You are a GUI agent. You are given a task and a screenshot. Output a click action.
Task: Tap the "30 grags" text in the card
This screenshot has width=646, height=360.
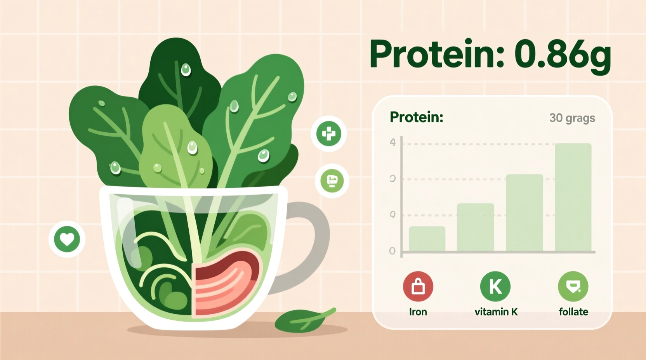tap(572, 118)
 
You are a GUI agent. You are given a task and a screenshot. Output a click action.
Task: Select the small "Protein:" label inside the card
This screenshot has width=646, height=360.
tap(416, 117)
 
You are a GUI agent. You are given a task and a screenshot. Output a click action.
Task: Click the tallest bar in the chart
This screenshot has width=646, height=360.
tap(573, 198)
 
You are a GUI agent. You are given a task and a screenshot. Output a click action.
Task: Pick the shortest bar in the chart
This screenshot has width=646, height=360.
tap(427, 239)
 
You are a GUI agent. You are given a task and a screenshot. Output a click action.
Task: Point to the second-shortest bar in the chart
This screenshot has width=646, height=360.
tap(475, 228)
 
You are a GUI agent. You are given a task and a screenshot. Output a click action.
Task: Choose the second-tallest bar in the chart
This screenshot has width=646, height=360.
tap(524, 213)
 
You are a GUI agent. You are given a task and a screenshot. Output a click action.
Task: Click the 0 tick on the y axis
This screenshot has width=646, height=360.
tap(392, 251)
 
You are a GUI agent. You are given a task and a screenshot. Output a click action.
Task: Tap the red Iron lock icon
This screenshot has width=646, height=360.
tap(418, 287)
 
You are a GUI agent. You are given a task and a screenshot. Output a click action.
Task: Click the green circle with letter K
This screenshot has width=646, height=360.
tap(495, 287)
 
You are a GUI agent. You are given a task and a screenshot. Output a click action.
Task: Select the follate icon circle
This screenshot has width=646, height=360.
tap(573, 287)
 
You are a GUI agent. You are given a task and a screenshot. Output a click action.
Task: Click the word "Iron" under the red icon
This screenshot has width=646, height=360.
tap(418, 312)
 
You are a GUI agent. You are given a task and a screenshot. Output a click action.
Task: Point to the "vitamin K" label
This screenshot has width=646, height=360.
tap(496, 312)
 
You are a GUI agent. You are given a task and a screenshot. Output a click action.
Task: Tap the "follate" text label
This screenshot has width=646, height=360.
tap(573, 312)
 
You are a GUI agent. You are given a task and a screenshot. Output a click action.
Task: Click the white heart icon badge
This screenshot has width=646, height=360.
tap(67, 239)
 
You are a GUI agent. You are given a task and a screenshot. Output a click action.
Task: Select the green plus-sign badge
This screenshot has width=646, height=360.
tap(328, 134)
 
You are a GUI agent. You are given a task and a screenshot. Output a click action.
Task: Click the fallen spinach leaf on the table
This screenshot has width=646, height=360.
tap(303, 320)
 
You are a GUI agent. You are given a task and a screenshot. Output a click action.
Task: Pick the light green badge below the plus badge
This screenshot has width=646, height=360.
tap(332, 181)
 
